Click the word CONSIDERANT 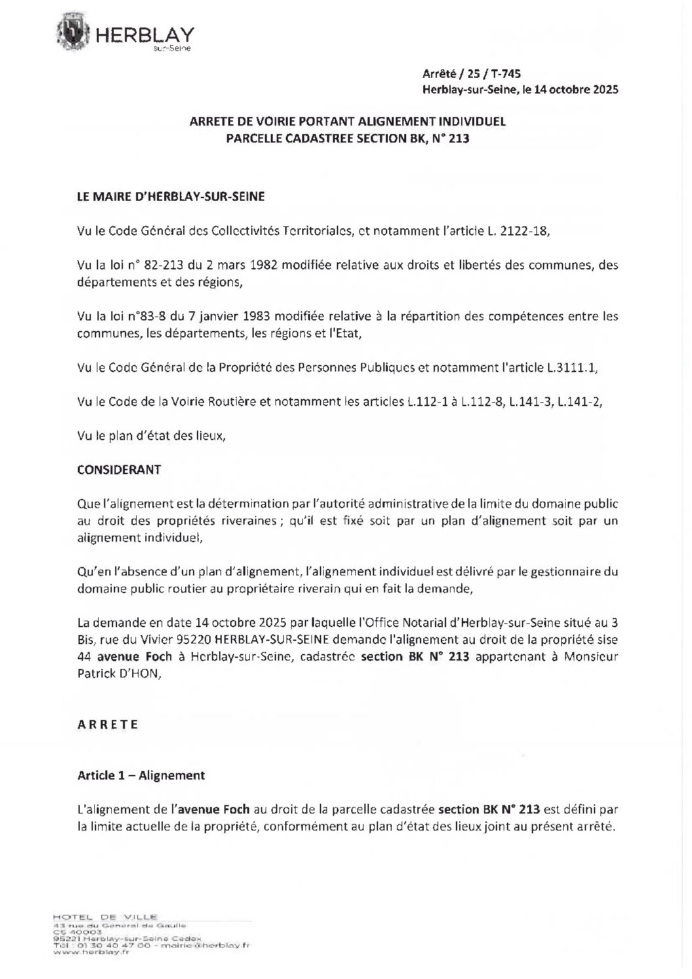pyautogui.click(x=119, y=470)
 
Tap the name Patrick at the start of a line pyautogui.click(x=96, y=674)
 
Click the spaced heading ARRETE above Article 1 pyautogui.click(x=108, y=724)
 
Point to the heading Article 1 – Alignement pyautogui.click(x=141, y=775)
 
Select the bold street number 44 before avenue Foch pyautogui.click(x=84, y=657)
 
